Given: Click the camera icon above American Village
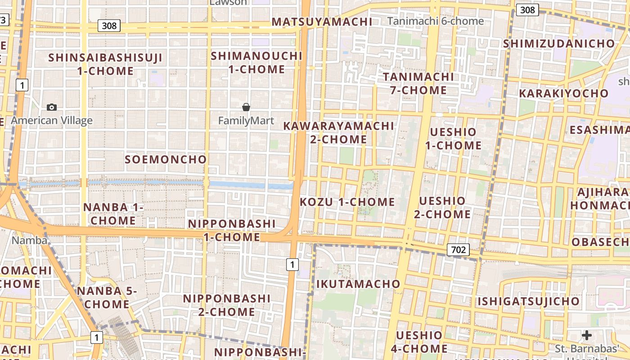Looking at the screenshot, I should (x=52, y=107).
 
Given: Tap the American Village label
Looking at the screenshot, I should (x=52, y=121).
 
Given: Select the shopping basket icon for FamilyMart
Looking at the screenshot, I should (x=246, y=107).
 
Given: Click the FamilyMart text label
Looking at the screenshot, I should (x=246, y=121).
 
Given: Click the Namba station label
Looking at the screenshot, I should (x=29, y=240).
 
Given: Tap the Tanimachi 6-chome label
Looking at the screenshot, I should (x=436, y=21).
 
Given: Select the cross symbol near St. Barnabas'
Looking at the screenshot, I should (x=587, y=335).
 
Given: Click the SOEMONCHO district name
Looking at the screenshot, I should (x=166, y=159).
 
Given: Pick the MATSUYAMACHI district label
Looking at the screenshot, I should (x=322, y=22).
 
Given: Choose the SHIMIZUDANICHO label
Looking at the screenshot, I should (x=559, y=44).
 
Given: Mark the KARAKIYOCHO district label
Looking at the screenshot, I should (x=563, y=94).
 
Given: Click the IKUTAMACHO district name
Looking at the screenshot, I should (x=358, y=284).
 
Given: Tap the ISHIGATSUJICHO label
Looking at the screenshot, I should (x=529, y=301).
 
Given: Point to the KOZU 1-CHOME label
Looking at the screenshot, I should (x=347, y=202).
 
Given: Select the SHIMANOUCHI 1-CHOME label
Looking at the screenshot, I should (x=256, y=63).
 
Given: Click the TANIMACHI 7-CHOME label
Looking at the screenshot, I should (x=418, y=83).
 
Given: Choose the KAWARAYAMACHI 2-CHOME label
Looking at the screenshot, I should (x=338, y=132).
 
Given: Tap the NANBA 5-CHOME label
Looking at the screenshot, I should (x=107, y=297).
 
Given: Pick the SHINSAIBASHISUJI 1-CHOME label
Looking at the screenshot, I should (x=105, y=64).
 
